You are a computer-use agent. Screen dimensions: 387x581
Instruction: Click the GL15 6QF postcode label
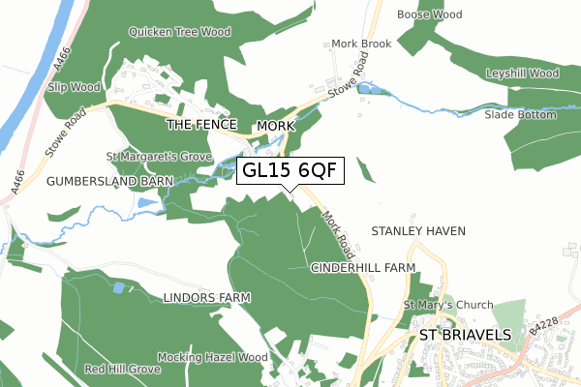[x=290, y=170]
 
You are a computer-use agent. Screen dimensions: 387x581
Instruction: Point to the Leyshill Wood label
[x=524, y=74]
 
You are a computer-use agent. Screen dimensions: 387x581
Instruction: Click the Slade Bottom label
[x=521, y=115]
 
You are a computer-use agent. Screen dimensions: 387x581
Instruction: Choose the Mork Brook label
[x=360, y=45]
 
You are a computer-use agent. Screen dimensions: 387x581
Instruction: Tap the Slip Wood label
[x=75, y=87]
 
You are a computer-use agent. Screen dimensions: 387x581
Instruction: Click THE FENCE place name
[x=201, y=126]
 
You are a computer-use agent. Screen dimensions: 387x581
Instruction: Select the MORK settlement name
[x=275, y=127]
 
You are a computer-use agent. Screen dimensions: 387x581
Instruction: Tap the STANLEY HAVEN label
[x=419, y=231]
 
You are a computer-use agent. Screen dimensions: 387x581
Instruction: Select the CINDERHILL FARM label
[x=363, y=267]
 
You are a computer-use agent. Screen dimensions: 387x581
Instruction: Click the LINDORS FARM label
[x=207, y=297]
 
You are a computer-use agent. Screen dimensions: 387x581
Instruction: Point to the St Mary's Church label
[x=448, y=305]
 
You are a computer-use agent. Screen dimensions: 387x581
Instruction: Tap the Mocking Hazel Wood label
[x=212, y=357]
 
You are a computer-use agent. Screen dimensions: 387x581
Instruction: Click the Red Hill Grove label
[x=122, y=370]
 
